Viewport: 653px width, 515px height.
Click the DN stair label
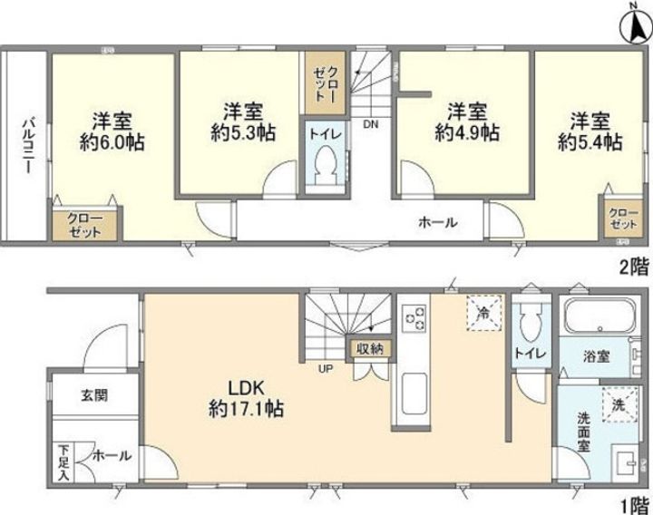click(x=370, y=124)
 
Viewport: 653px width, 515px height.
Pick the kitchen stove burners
click(x=414, y=317)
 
